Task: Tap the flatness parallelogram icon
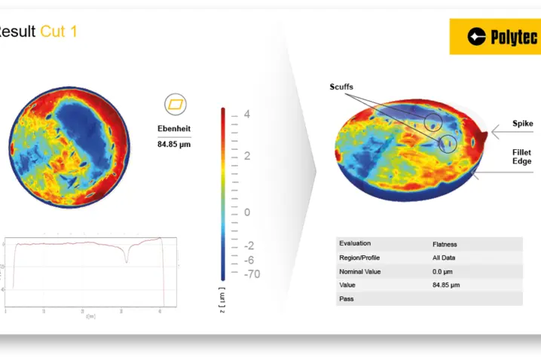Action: pos(175,104)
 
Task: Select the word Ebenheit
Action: pos(174,127)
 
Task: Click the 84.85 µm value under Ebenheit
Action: pos(174,143)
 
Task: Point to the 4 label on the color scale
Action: pos(246,114)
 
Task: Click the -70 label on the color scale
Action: pos(251,273)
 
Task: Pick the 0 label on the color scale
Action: pos(246,212)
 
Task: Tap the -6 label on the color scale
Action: pos(249,259)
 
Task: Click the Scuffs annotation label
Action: pos(341,87)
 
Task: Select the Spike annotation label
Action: pos(522,124)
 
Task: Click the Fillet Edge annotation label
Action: pos(521,157)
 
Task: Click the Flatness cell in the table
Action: pos(445,244)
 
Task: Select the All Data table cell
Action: pos(445,258)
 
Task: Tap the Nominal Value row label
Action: pos(360,271)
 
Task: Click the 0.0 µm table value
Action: pos(443,271)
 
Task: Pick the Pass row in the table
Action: pos(347,299)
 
